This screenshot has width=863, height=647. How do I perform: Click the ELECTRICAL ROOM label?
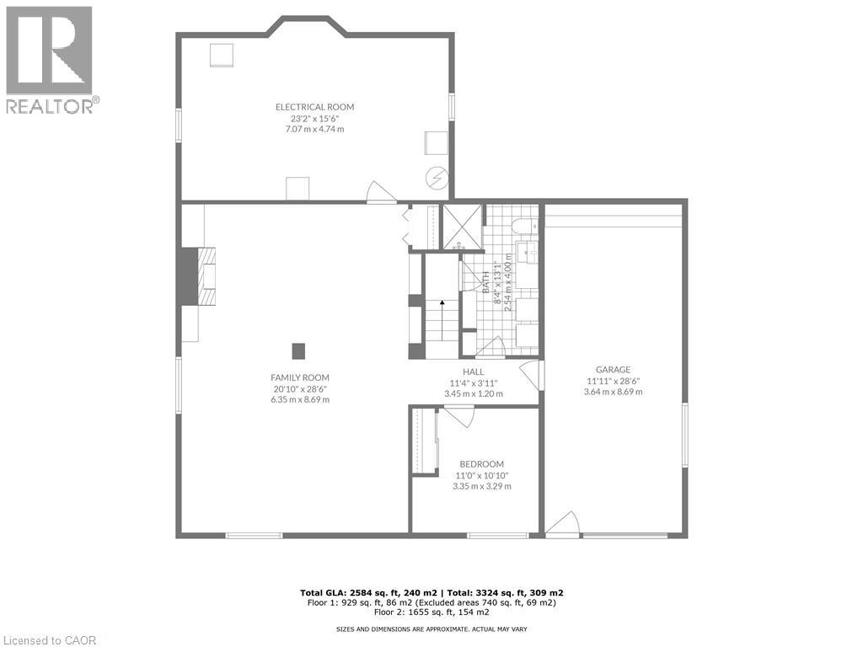314,107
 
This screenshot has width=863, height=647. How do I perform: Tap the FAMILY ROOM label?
300,377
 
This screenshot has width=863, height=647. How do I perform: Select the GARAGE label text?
614,370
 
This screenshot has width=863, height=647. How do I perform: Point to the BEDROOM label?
481,464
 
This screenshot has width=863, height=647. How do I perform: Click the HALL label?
474,372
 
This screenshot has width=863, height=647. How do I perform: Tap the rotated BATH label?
486,282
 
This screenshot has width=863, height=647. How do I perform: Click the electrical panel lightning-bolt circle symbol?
438,179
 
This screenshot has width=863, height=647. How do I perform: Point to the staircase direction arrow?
442,320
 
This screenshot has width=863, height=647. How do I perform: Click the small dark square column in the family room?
297,351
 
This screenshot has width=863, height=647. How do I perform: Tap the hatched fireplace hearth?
207,276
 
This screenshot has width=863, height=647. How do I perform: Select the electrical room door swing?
381,192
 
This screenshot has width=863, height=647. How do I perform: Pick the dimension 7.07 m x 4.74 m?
314,129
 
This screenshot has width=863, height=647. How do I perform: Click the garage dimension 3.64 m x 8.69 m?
614,392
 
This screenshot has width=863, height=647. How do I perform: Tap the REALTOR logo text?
51,106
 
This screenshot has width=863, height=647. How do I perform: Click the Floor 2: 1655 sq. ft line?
431,612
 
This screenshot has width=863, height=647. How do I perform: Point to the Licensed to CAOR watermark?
48,640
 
